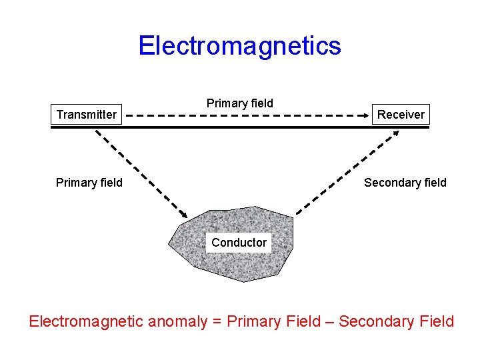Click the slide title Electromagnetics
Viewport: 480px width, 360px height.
coord(239,46)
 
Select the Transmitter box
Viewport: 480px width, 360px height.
coord(87,115)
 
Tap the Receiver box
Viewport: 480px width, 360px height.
coord(401,115)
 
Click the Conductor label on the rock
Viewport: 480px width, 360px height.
coord(239,243)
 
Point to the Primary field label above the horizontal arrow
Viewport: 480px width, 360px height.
coord(239,103)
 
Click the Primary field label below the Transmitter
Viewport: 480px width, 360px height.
coord(89,183)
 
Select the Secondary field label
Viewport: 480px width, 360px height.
coord(405,183)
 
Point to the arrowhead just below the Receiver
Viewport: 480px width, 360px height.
coord(396,133)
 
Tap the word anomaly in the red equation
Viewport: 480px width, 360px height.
coord(177,321)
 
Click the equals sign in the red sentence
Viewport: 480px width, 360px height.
coord(217,322)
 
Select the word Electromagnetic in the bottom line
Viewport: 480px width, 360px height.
coord(86,321)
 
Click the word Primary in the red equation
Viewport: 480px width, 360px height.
coord(255,321)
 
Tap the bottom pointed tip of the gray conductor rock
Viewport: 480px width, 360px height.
coord(243,281)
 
